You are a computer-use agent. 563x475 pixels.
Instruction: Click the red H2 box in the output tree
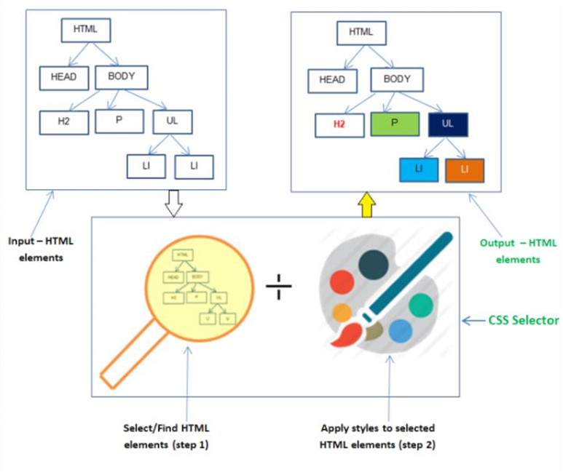(339, 124)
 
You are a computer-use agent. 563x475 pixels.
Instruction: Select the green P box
(394, 124)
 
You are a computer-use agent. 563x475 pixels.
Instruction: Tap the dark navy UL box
(448, 124)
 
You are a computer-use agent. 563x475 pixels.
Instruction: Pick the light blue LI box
(419, 169)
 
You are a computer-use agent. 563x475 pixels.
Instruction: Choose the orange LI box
(465, 169)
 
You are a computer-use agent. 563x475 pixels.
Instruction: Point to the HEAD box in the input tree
(64, 77)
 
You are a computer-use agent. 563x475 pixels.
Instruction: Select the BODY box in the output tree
(397, 79)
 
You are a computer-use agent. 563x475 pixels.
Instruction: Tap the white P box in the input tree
(119, 121)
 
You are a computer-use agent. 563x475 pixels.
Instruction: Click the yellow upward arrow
(366, 204)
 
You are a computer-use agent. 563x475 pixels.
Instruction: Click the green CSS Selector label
(524, 319)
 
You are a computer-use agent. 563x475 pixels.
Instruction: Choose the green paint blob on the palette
(421, 305)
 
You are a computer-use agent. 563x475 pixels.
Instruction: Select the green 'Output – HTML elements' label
(518, 251)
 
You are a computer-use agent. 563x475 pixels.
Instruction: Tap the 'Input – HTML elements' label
(41, 249)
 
